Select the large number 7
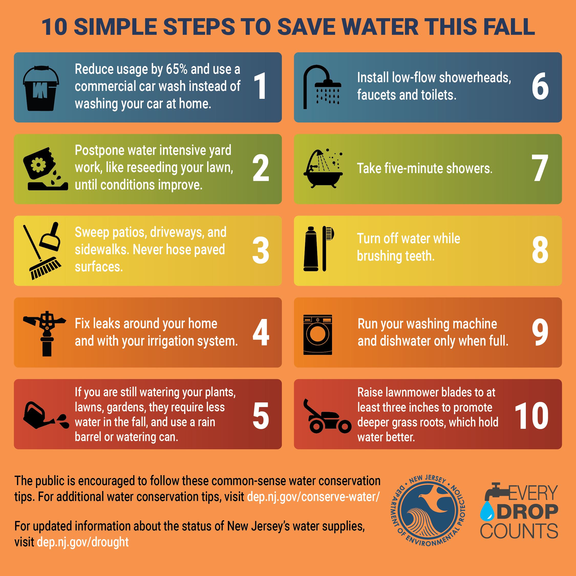[540, 168]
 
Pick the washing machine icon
[317, 335]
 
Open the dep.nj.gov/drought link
[83, 542]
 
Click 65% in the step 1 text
[176, 69]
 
